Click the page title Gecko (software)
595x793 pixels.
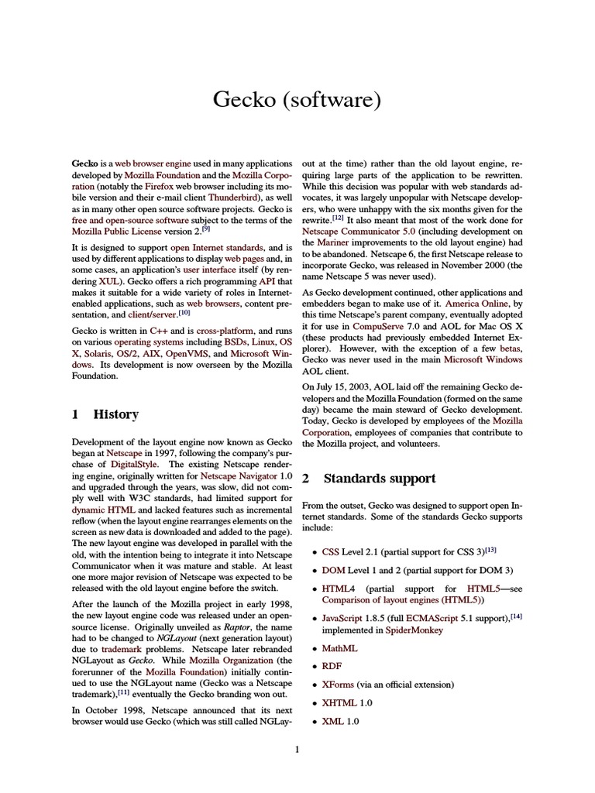(x=297, y=101)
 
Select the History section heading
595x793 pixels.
(x=115, y=414)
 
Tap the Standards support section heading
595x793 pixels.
(x=379, y=478)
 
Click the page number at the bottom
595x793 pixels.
(x=297, y=749)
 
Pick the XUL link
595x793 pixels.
(x=108, y=283)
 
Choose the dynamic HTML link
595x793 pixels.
(x=103, y=510)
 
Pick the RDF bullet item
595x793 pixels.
(x=332, y=666)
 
